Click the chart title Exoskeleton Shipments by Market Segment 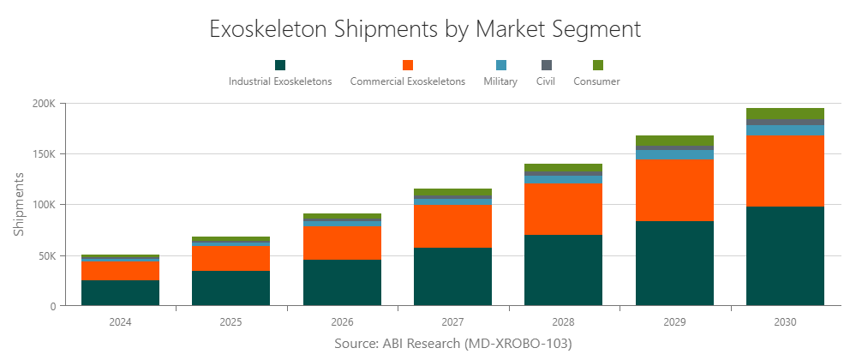tap(425, 28)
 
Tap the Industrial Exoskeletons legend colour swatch tap(280, 65)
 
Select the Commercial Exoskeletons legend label tap(407, 81)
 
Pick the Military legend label tap(500, 81)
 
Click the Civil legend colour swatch tap(546, 65)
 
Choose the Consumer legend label tap(596, 81)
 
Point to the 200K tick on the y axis tap(43, 104)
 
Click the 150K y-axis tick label tap(43, 154)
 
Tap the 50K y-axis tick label tap(45, 255)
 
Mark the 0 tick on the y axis tap(52, 306)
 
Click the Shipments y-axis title tap(20, 204)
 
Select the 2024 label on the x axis tap(120, 322)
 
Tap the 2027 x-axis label tap(452, 322)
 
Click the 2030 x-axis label tap(785, 322)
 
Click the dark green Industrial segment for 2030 tap(785, 255)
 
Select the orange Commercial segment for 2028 tap(563, 208)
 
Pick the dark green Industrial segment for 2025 tap(230, 288)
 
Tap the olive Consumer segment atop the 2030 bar tap(785, 113)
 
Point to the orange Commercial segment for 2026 tap(342, 243)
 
